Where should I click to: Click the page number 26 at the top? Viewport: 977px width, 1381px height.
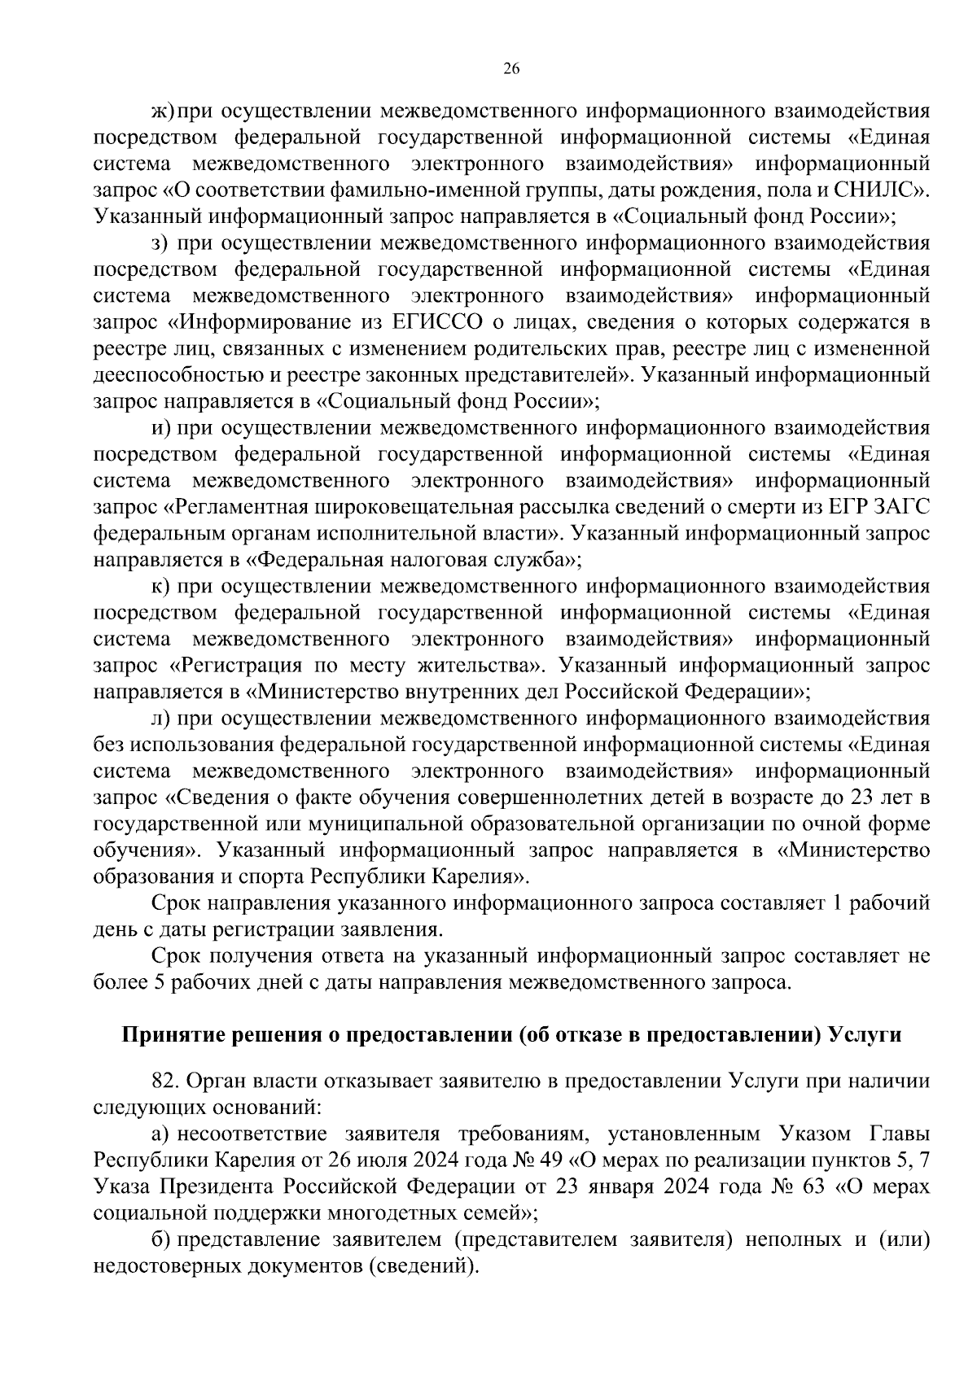point(511,68)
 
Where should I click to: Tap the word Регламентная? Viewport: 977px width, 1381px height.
point(239,506)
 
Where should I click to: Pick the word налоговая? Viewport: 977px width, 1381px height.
point(453,560)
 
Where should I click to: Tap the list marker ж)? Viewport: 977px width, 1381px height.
point(163,111)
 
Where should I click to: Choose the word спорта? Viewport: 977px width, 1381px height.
point(265,877)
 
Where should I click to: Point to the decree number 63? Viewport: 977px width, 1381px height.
point(813,1187)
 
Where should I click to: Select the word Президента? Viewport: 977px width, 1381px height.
point(220,1187)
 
